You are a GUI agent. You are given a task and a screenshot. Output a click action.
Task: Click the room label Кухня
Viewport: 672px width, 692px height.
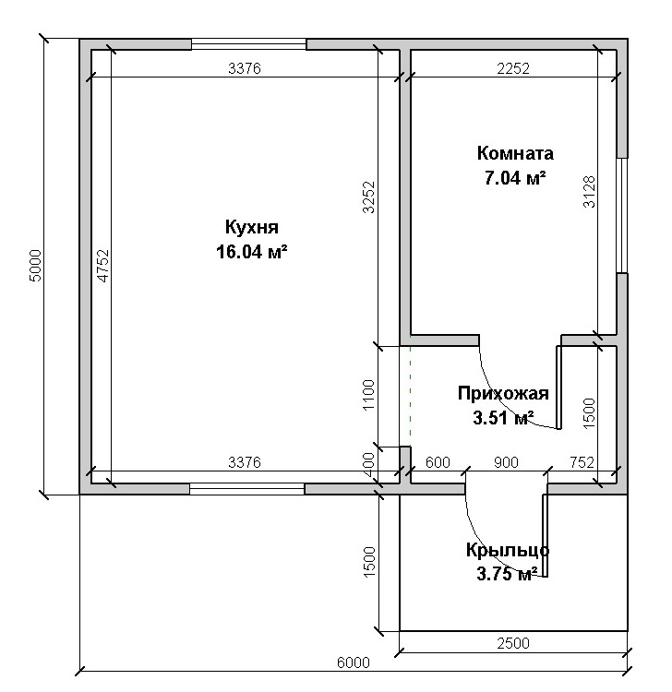click(x=252, y=228)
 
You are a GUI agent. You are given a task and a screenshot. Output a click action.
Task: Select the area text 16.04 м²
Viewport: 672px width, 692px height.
click(x=252, y=252)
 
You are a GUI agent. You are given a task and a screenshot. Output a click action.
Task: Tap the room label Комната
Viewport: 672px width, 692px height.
click(x=515, y=153)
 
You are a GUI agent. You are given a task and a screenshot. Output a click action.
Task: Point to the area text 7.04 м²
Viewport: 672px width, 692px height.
click(x=515, y=178)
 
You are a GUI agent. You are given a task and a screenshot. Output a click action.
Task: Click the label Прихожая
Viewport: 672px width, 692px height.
click(x=503, y=393)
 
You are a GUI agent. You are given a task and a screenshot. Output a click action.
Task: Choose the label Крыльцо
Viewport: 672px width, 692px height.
click(x=508, y=550)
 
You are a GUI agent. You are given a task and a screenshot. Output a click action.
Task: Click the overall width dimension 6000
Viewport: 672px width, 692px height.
click(x=354, y=662)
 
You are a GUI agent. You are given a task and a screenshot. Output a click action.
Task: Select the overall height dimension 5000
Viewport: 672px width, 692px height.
click(x=35, y=266)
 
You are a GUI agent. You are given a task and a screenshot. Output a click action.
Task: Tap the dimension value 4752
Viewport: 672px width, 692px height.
click(x=102, y=266)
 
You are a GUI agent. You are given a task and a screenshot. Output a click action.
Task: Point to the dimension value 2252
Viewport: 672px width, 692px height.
click(x=513, y=68)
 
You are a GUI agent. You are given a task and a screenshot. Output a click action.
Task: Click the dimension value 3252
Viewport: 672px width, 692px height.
click(x=368, y=197)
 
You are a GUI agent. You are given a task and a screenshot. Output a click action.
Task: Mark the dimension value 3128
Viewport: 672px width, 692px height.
click(x=590, y=192)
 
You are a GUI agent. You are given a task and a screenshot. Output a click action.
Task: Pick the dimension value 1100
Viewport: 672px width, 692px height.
click(x=368, y=395)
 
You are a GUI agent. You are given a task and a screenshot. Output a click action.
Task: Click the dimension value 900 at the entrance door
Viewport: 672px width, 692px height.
click(x=506, y=462)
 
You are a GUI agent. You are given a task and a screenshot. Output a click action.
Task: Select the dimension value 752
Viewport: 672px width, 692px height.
click(x=582, y=462)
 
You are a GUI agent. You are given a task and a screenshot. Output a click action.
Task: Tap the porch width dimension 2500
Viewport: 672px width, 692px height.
click(x=513, y=643)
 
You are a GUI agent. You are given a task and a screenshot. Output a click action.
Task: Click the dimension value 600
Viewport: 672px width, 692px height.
click(x=438, y=462)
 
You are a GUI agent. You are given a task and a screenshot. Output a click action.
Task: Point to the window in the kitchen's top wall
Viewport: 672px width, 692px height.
click(x=248, y=44)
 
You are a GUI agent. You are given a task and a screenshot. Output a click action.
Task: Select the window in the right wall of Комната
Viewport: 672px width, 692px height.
click(x=622, y=215)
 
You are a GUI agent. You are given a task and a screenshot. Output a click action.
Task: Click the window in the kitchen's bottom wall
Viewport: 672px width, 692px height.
click(x=247, y=488)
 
